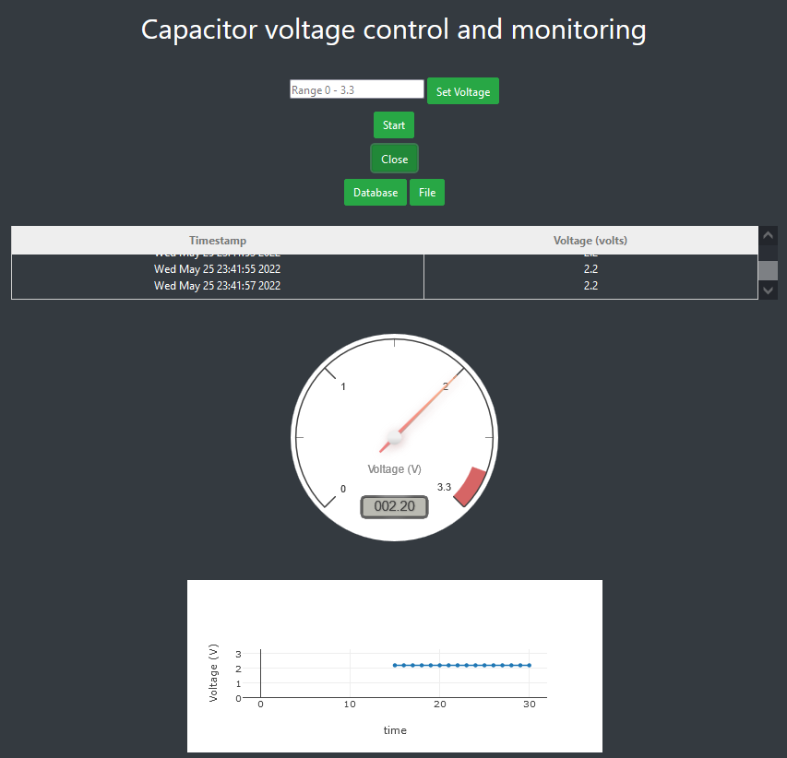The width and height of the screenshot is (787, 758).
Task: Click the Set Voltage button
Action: (x=462, y=91)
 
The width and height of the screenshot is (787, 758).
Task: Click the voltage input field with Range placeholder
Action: (x=357, y=89)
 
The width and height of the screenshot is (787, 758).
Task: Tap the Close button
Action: (x=394, y=159)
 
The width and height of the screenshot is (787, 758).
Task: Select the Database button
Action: (x=376, y=193)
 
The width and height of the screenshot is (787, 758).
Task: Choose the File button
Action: (x=427, y=193)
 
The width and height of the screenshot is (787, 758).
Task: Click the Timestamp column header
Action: (x=218, y=241)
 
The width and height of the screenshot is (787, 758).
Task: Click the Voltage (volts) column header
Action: (x=590, y=241)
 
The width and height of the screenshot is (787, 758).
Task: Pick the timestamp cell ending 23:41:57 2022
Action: (x=218, y=286)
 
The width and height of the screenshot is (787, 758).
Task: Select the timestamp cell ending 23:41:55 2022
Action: (x=218, y=269)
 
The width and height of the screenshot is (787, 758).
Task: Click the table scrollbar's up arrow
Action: (x=768, y=236)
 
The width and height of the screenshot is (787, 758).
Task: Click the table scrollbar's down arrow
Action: (x=768, y=290)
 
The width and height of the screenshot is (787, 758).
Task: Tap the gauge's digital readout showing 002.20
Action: (x=394, y=506)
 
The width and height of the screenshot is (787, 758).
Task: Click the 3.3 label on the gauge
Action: (x=444, y=487)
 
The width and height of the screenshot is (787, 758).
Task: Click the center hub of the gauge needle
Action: (x=395, y=437)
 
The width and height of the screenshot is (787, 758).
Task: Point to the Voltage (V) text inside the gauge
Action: (x=394, y=469)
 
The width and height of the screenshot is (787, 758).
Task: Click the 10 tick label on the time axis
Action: (x=350, y=705)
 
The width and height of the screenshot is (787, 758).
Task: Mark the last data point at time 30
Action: (x=529, y=665)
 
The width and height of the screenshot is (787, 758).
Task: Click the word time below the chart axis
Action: (x=395, y=730)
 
